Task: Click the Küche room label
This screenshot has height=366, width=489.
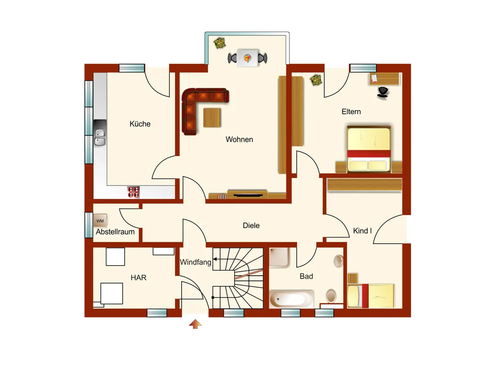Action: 140,124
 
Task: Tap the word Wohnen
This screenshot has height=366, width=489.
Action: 239,139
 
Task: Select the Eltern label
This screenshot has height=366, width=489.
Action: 351,111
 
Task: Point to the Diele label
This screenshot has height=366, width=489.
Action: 251,225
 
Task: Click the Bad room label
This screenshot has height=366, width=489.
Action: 306,276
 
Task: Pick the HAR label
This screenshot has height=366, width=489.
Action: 139,278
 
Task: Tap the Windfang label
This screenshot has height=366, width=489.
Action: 196,262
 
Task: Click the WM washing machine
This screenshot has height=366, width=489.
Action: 100,221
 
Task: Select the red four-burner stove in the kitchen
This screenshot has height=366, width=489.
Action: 133,192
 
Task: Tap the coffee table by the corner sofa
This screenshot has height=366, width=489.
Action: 211,118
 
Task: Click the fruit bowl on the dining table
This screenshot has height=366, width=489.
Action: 247,58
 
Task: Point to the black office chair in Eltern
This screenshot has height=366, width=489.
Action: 383,92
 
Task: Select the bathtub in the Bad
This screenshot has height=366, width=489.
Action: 291,299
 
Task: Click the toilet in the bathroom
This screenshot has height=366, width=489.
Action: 331,296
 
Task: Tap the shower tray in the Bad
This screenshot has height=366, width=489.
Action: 280,257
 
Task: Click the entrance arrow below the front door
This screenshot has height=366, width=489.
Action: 195,324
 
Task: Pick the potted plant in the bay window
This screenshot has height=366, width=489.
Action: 220,43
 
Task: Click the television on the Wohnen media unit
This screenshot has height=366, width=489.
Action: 248,196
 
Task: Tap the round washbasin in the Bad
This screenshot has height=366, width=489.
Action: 339,261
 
